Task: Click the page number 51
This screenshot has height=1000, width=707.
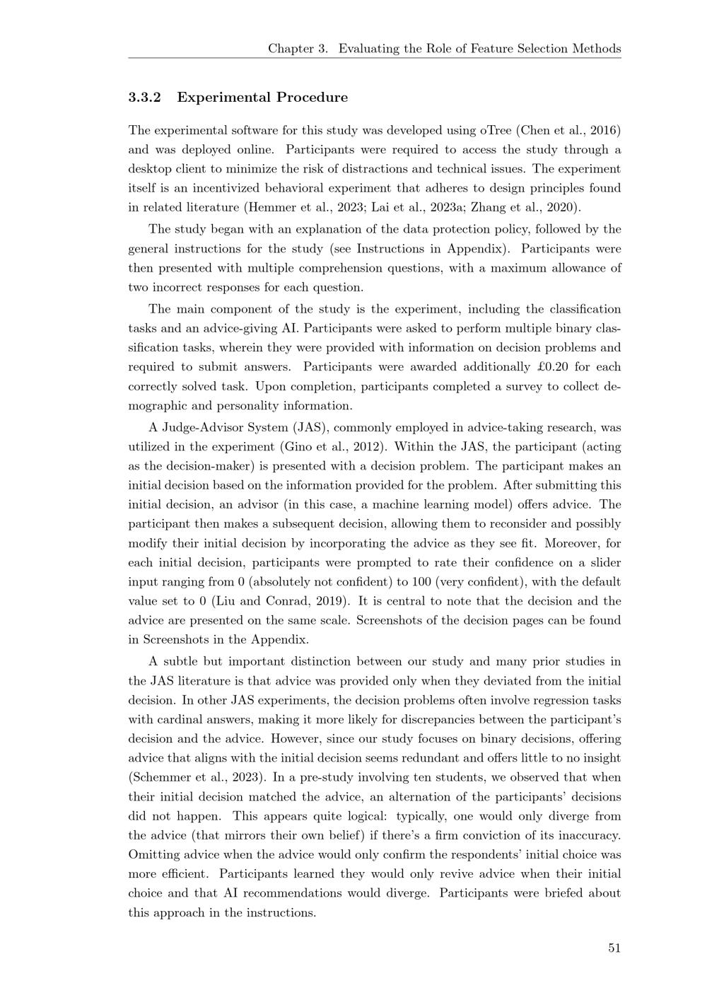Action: (614, 948)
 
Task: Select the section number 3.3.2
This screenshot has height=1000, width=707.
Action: (145, 98)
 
